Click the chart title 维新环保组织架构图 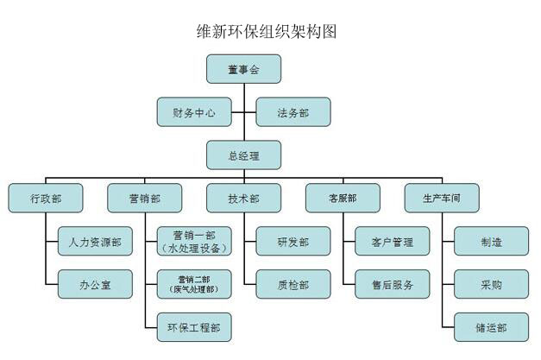(267, 32)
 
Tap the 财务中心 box (193, 112)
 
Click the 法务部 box (293, 112)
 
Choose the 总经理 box (243, 155)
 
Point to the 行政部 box (45, 199)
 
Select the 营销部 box (144, 199)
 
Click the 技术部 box (243, 199)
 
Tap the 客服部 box (343, 199)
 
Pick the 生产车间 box (442, 199)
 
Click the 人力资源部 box (95, 243)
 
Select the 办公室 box (95, 284)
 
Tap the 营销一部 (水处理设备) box (194, 242)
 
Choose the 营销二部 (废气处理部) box (194, 284)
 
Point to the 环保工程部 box (194, 327)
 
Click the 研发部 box (293, 242)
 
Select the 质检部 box (293, 284)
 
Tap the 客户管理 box (392, 242)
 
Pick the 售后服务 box (392, 284)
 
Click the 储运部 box (491, 327)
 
